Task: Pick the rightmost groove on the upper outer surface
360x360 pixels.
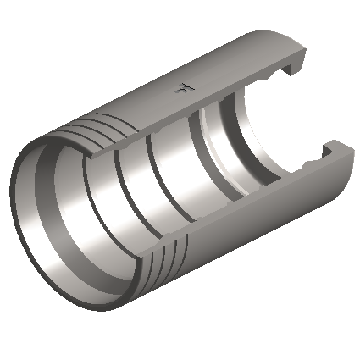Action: click(x=109, y=114)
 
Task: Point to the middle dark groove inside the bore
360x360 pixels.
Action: click(x=157, y=169)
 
